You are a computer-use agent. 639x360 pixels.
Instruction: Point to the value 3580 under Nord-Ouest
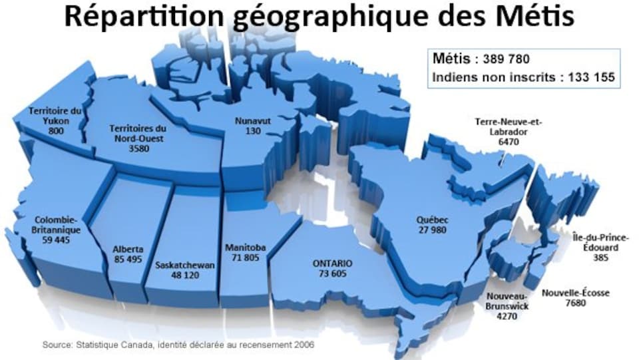(139, 148)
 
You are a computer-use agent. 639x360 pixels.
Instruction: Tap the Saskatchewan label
(184, 265)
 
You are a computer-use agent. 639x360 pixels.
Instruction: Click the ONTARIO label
(333, 264)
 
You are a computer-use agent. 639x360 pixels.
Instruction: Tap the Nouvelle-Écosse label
(575, 293)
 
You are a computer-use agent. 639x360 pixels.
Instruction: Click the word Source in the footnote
(57, 345)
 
